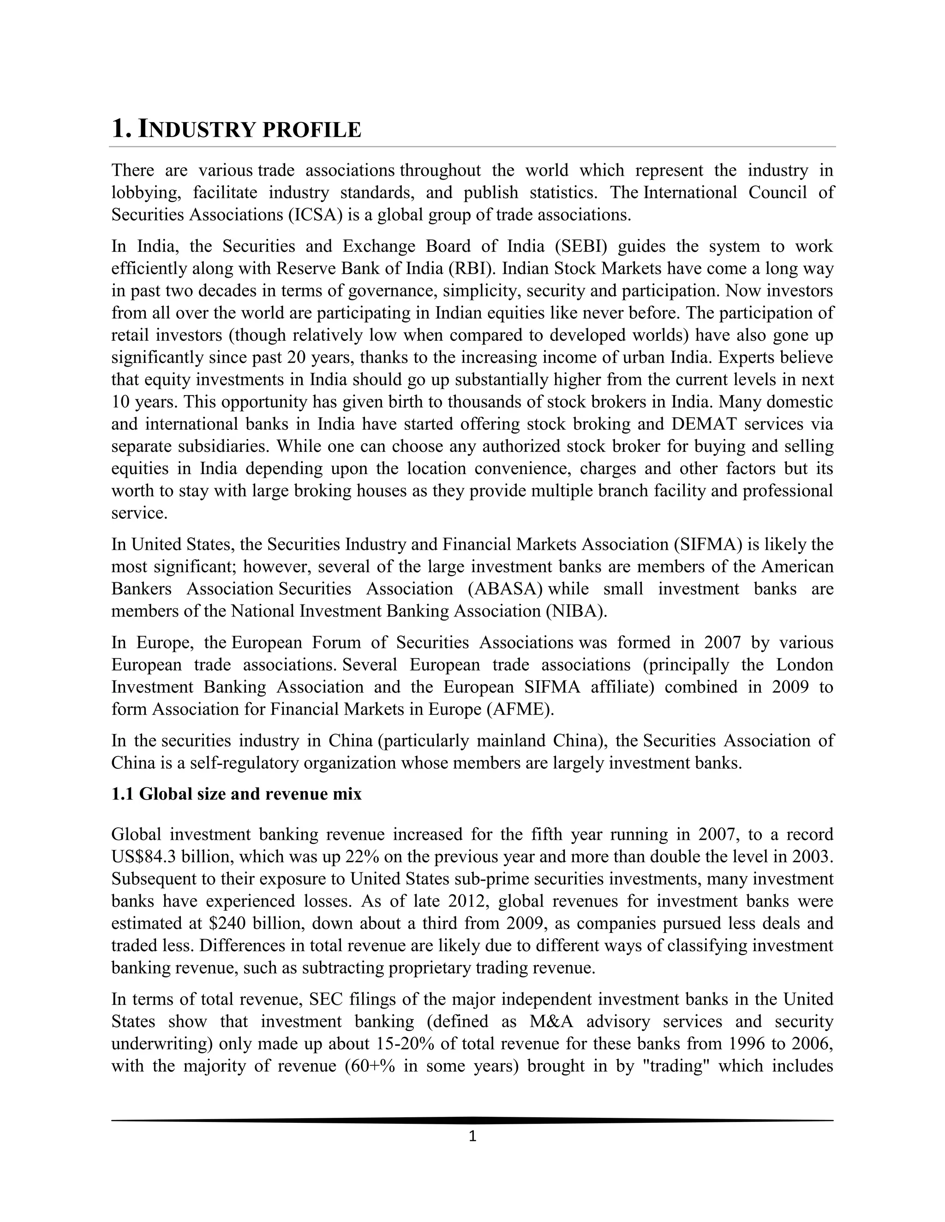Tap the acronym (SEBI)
tap(581, 246)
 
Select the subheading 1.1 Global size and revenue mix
tap(236, 794)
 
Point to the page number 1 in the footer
tap(472, 1136)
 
